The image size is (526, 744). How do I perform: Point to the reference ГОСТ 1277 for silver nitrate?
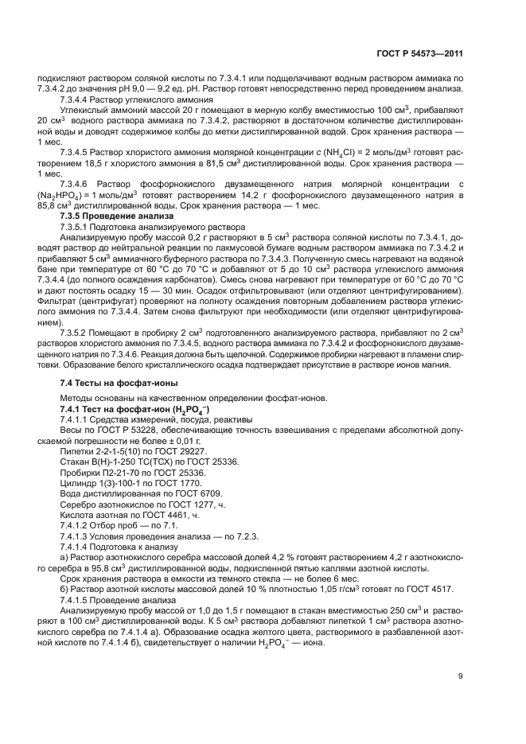(181, 504)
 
